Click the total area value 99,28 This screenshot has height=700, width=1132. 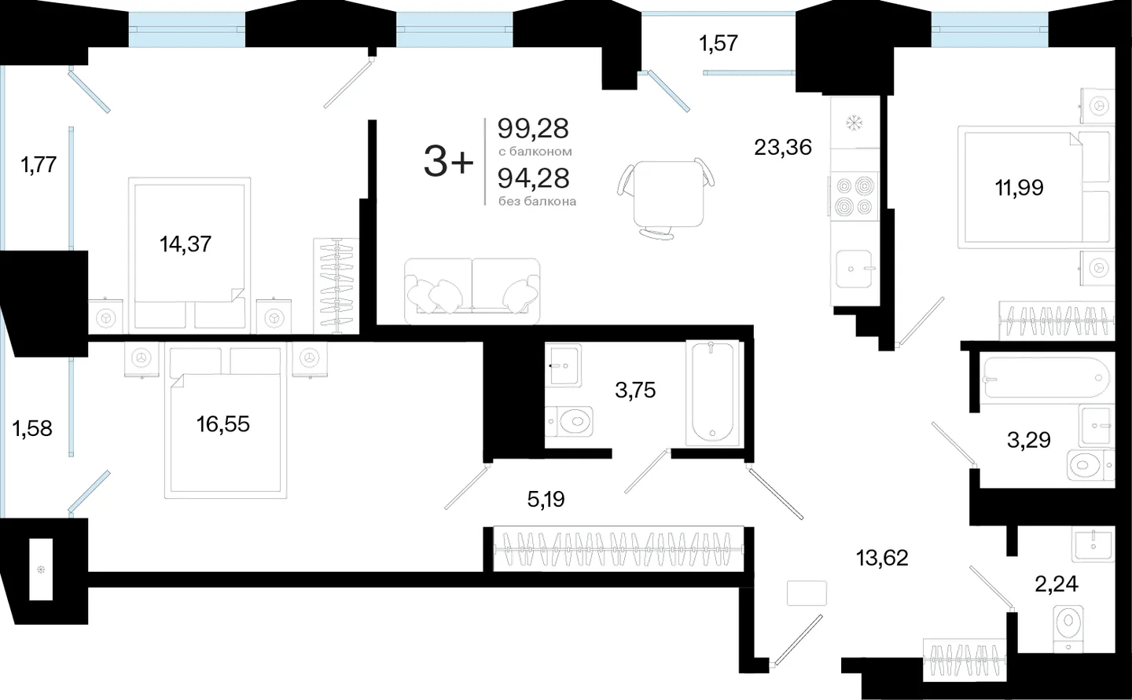[x=533, y=129]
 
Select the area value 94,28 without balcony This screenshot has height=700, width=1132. [x=533, y=178]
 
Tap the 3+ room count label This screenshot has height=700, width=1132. [x=449, y=162]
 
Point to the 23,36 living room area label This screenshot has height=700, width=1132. [x=783, y=148]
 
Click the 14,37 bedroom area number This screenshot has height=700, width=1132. [x=186, y=244]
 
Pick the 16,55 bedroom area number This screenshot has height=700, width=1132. [x=223, y=424]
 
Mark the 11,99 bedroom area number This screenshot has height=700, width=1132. [x=1020, y=188]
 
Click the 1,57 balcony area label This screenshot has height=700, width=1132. [x=719, y=43]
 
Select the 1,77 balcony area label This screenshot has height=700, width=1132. [x=39, y=165]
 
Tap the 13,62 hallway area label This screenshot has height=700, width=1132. [x=882, y=558]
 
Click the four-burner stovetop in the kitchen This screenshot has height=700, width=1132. [x=854, y=197]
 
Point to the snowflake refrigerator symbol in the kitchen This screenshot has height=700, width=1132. [x=854, y=123]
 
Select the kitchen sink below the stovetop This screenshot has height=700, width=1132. [x=854, y=269]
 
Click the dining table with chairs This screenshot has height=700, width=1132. [x=667, y=198]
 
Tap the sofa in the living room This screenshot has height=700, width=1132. [x=472, y=291]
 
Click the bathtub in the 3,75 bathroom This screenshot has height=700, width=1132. [x=712, y=393]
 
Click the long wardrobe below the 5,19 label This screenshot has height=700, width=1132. [x=619, y=549]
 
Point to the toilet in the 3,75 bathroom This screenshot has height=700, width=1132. [x=569, y=421]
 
